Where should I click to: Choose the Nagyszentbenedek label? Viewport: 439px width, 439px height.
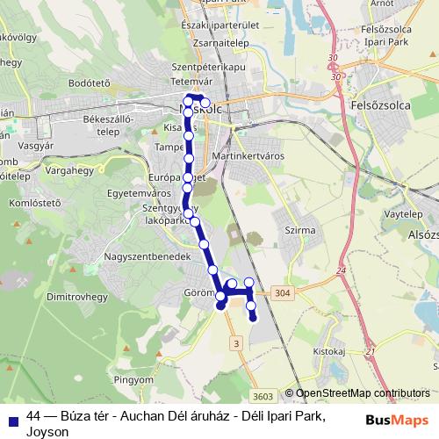(147, 255)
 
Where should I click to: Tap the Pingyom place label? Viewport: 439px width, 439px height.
(133, 380)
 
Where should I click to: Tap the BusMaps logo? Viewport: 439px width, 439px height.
(396, 419)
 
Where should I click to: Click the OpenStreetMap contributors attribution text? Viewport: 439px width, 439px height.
(363, 394)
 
